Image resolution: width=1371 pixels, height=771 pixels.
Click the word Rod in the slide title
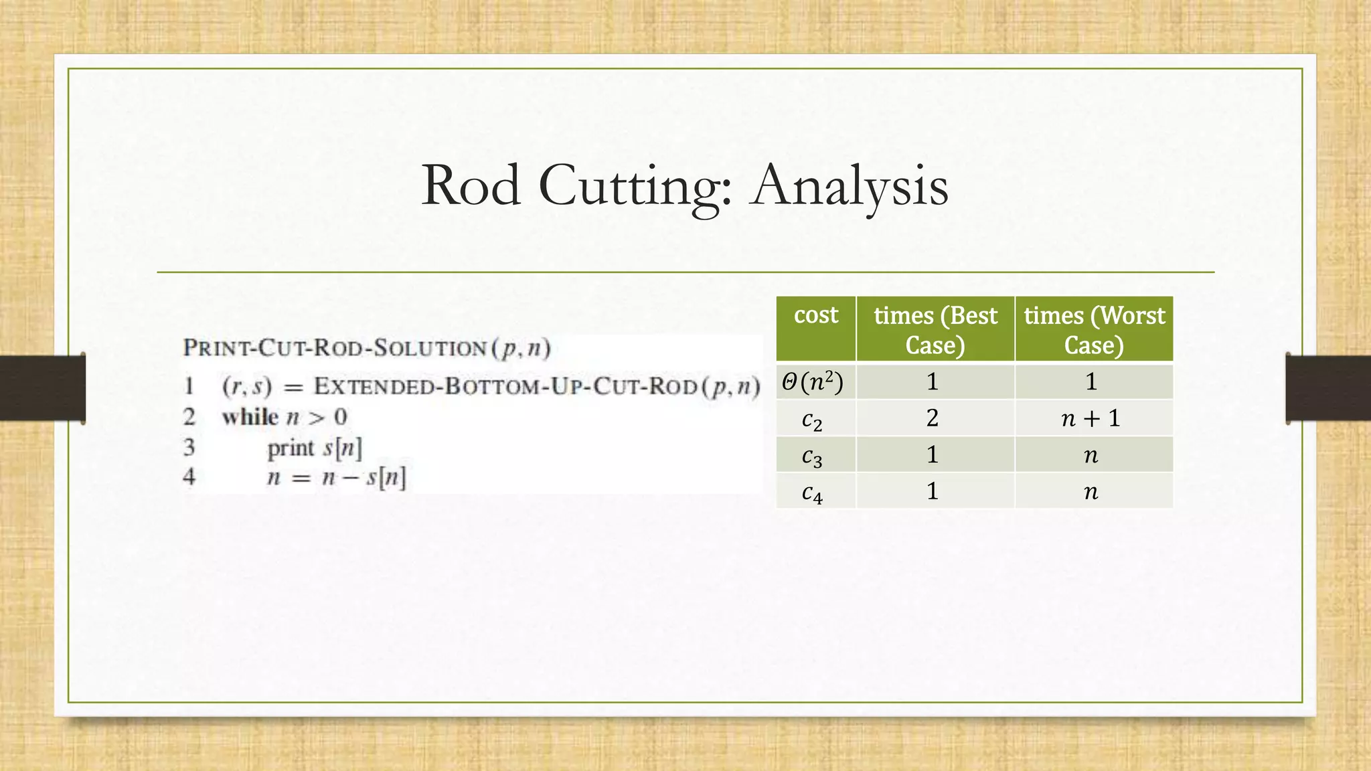click(x=471, y=186)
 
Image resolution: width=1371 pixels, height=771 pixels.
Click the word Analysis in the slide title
click(x=850, y=186)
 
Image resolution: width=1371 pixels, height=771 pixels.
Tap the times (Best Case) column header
click(x=935, y=329)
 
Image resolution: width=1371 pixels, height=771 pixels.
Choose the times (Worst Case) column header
click(x=1094, y=329)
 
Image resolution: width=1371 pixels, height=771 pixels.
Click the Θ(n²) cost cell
click(x=813, y=382)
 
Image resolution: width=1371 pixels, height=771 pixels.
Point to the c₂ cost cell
click(x=812, y=419)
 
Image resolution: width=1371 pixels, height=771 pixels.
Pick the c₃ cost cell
click(x=812, y=456)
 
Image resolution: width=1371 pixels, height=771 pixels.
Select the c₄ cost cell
click(x=812, y=492)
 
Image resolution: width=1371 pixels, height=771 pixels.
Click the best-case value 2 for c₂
click(x=933, y=418)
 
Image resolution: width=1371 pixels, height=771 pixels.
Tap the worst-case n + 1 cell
click(x=1091, y=418)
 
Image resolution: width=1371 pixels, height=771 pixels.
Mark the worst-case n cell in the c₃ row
click(x=1091, y=456)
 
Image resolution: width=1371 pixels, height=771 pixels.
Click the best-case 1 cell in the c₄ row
click(x=933, y=492)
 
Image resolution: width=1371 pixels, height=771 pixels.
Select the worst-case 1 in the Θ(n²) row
click(x=1091, y=381)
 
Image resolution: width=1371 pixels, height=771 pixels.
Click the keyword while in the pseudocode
click(x=250, y=417)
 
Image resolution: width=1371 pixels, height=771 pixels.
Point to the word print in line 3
click(x=291, y=448)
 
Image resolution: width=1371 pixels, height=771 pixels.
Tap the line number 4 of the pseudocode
click(x=189, y=477)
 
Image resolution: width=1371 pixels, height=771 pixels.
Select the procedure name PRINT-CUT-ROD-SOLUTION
click(x=335, y=348)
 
